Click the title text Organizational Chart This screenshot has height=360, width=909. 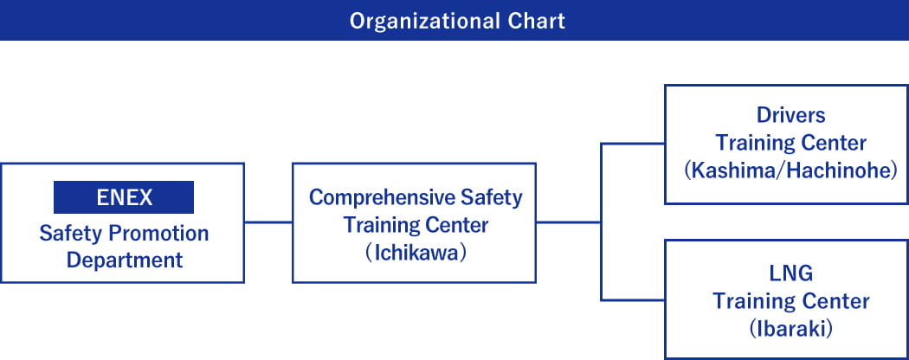point(457,22)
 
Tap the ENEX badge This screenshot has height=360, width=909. point(124,197)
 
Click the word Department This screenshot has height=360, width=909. point(125,260)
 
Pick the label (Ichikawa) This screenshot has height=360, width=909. point(416,254)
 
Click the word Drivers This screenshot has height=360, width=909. point(790,115)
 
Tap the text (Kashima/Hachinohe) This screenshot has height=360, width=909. point(790,171)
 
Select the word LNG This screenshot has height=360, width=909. point(790,273)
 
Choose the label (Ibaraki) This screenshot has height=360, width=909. point(790,329)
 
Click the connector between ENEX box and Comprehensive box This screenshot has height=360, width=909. point(268,222)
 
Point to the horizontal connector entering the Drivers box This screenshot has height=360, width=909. point(633,144)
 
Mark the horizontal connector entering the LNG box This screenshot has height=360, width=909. point(633,300)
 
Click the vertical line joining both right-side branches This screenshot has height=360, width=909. point(601,222)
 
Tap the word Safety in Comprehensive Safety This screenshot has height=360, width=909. point(492,197)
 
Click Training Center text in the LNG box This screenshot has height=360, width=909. point(790,301)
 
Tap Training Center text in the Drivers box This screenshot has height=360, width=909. point(790,143)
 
